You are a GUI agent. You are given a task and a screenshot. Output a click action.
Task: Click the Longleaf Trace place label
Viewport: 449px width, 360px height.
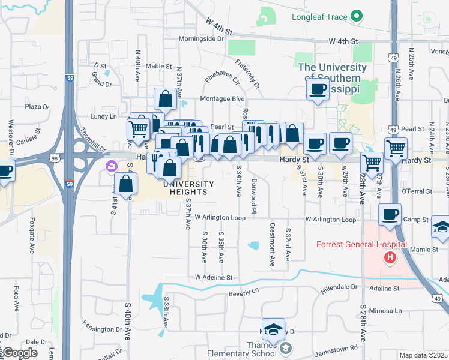click(x=319, y=17)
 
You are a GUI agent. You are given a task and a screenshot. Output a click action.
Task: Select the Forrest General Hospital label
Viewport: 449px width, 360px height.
click(x=362, y=244)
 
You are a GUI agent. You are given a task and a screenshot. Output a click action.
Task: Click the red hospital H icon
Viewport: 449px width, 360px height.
click(x=390, y=258)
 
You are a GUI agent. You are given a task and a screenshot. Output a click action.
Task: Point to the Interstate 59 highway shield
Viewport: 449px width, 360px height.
click(x=69, y=77)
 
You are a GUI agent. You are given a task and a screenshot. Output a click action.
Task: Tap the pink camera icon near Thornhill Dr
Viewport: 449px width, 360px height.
click(x=111, y=166)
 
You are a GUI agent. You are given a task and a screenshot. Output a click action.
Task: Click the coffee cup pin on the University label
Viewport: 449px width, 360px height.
click(x=317, y=90)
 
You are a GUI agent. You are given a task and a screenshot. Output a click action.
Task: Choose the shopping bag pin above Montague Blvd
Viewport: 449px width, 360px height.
click(x=165, y=98)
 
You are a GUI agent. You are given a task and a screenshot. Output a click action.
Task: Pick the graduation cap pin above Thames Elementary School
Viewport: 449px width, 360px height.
click(x=274, y=329)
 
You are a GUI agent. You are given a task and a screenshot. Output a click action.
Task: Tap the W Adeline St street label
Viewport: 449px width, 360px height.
click(x=213, y=278)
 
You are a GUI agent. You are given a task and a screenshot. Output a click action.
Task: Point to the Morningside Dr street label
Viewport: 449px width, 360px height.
click(x=201, y=39)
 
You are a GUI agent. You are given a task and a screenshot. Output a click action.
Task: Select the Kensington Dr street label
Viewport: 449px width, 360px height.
click(x=102, y=329)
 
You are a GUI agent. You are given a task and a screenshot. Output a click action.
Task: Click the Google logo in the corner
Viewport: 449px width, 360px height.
click(x=20, y=353)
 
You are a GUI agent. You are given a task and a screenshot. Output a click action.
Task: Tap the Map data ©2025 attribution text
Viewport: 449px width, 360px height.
click(x=423, y=355)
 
